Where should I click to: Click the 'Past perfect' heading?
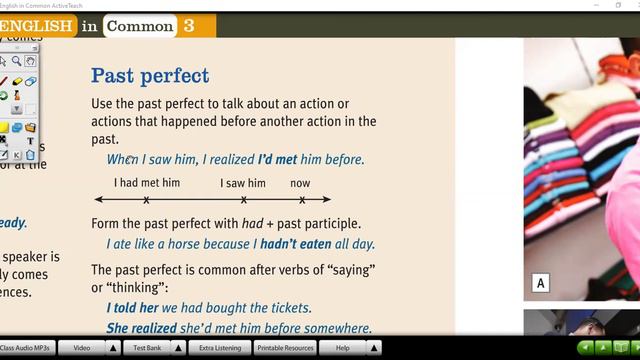[x=150, y=75]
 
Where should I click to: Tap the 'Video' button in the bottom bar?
[x=82, y=348]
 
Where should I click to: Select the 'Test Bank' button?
[x=147, y=348]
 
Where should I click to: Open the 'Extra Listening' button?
[x=219, y=348]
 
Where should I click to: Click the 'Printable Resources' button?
[x=285, y=348]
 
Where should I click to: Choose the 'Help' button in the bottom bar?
[x=342, y=348]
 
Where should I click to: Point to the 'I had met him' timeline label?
[x=147, y=183]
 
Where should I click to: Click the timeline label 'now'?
[x=300, y=183]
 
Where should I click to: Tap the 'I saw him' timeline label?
[x=243, y=183]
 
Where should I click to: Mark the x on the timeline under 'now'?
[x=302, y=200]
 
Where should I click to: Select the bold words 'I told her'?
[x=132, y=308]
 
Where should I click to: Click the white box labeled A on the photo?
[x=540, y=284]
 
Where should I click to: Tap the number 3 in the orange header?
[x=189, y=26]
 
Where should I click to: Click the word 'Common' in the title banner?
[x=139, y=26]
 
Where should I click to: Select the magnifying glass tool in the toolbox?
[x=17, y=62]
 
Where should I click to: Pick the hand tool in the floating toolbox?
[x=30, y=62]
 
